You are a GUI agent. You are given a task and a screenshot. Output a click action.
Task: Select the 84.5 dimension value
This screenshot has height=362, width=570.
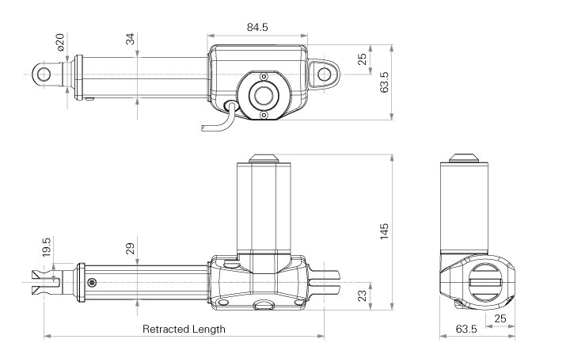click(x=257, y=27)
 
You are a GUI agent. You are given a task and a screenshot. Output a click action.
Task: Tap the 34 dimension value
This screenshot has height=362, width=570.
click(x=130, y=40)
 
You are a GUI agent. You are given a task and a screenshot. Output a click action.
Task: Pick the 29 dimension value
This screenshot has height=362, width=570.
click(x=130, y=248)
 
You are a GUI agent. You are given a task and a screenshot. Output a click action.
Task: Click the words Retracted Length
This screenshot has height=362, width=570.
click(x=184, y=329)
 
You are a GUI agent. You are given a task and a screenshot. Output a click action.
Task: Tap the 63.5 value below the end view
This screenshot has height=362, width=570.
click(x=464, y=329)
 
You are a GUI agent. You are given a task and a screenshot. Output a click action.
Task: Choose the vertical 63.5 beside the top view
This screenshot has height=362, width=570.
click(x=384, y=82)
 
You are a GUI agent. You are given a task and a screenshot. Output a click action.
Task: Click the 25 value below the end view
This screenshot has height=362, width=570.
click(x=500, y=318)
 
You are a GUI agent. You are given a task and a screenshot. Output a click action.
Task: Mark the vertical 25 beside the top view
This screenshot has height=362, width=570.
click(x=362, y=60)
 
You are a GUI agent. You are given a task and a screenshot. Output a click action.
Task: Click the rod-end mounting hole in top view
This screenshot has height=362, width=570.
click(x=43, y=74)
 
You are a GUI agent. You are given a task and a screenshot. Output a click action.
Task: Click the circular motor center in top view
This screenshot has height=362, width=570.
click(x=262, y=95)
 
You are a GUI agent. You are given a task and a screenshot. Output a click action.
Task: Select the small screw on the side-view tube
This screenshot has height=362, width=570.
click(x=92, y=282)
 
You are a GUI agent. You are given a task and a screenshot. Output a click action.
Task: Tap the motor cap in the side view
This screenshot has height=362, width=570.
click(x=264, y=158)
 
